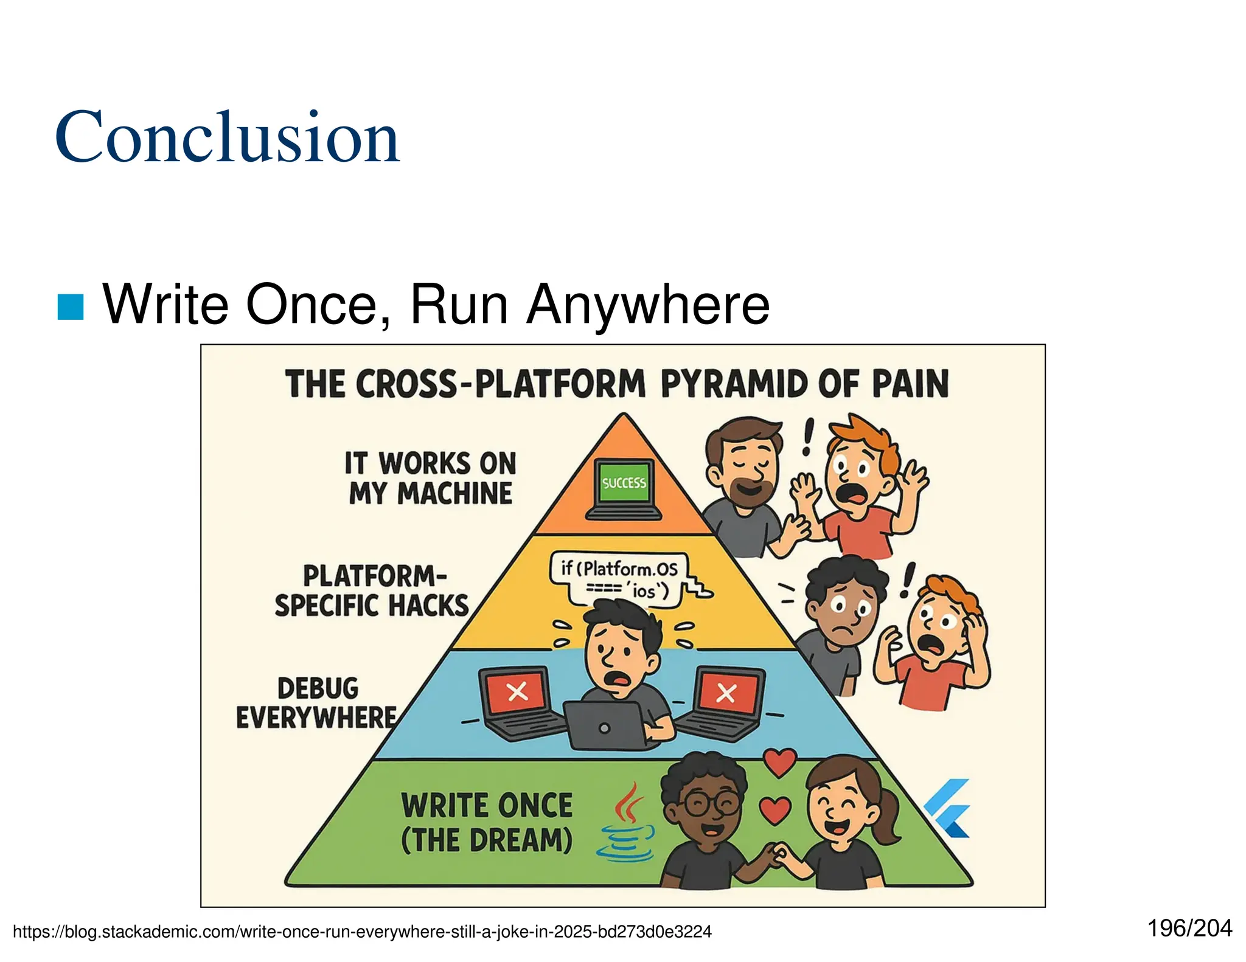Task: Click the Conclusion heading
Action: coord(227,137)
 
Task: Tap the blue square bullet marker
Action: coord(71,306)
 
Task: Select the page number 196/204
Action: coord(1189,929)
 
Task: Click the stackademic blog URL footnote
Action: coord(362,932)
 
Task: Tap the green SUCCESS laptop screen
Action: coord(624,483)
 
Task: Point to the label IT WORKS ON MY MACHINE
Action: coord(430,478)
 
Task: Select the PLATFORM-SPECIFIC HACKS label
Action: coord(372,590)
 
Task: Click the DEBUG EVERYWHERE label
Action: coord(317,703)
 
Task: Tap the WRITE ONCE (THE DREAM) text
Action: coord(487,823)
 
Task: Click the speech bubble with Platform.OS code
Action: coord(619,578)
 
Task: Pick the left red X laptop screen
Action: coord(517,691)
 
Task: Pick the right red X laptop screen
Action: coord(726,693)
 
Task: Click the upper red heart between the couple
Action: coord(779,762)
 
